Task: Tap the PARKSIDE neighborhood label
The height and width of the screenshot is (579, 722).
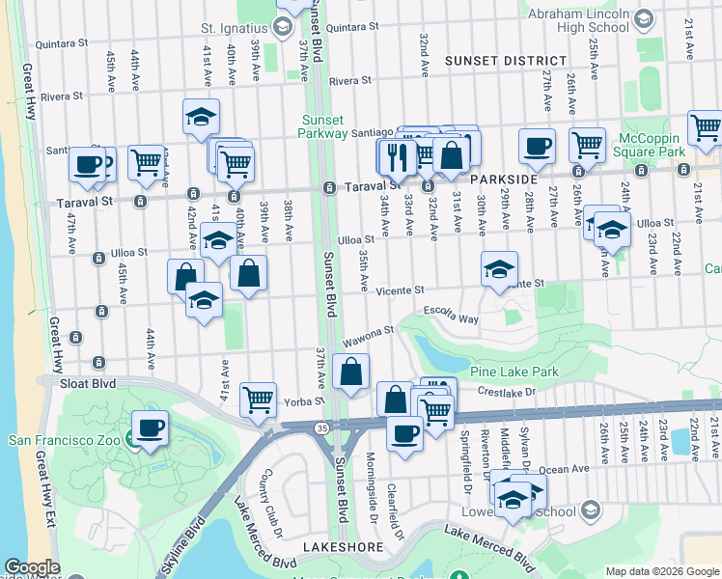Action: [x=503, y=180]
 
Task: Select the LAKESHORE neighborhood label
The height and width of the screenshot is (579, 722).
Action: [x=337, y=546]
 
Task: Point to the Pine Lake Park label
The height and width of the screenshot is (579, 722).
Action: [x=514, y=372]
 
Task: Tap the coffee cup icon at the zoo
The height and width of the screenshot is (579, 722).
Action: [x=150, y=428]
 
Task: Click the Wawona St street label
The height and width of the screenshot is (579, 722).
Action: [x=370, y=337]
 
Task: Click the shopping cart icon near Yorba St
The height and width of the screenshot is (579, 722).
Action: [x=258, y=399]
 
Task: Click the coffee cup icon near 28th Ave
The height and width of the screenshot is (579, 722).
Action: [x=537, y=147]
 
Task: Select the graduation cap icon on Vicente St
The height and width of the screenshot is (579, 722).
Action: [x=499, y=269]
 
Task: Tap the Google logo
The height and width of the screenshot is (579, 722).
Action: [x=31, y=567]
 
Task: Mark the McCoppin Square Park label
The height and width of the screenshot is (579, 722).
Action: [x=668, y=145]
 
